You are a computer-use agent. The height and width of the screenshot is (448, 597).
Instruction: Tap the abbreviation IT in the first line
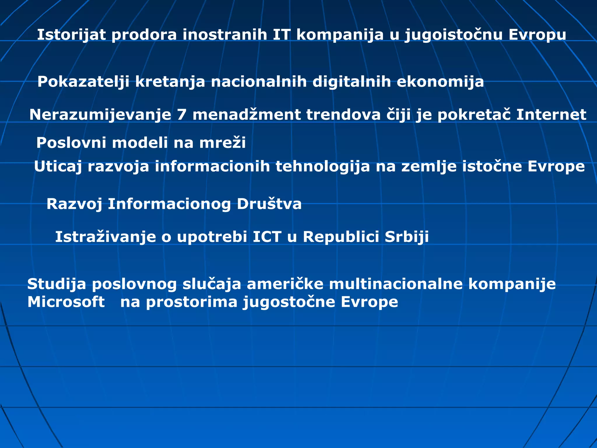tap(282, 35)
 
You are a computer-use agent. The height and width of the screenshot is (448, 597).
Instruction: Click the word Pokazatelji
tap(83, 82)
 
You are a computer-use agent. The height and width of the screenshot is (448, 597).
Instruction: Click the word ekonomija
tap(440, 82)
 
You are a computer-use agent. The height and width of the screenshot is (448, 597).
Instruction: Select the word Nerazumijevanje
tap(100, 115)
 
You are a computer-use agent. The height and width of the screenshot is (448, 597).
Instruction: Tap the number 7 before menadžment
tap(182, 115)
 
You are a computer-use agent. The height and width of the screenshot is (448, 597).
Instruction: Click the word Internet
tap(551, 115)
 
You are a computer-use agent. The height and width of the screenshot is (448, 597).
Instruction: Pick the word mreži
tap(222, 143)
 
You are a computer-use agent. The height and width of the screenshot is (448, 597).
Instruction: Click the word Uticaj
tap(58, 167)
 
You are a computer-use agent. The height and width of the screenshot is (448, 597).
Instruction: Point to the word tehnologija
tap(322, 167)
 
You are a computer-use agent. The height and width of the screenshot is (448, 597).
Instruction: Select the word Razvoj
tap(74, 204)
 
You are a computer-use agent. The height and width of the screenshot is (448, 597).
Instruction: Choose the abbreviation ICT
tap(267, 237)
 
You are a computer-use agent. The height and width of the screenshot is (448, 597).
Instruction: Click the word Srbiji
tap(407, 237)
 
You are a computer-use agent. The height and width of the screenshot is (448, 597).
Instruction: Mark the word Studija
tap(57, 284)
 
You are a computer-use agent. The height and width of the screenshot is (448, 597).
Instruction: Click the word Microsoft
tap(66, 302)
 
